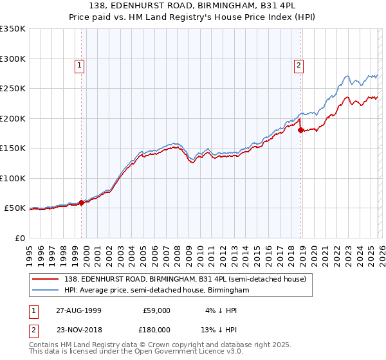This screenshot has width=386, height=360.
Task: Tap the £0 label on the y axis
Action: (19, 238)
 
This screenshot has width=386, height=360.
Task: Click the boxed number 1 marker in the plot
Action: (79, 64)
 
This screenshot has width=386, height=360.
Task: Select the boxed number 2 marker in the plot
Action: (300, 64)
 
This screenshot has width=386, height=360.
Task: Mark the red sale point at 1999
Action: (82, 202)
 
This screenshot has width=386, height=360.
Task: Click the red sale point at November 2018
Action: (300, 130)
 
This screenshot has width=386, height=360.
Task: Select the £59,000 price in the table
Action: (156, 310)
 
